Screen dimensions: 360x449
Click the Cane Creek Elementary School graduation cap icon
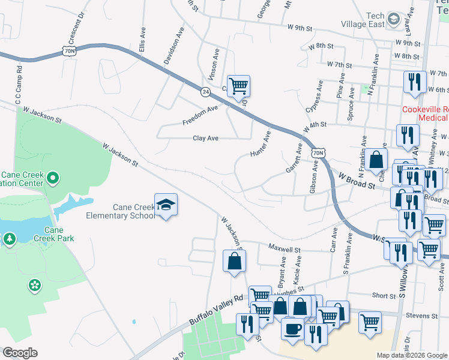pos(166,205)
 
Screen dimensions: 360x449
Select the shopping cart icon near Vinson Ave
pos(238,86)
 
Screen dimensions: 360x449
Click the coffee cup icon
pos(292,329)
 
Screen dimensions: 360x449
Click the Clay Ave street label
pos(205,138)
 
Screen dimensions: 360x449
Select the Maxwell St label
pos(284,247)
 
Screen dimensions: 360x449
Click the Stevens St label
pos(421,315)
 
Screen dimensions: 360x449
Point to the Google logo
pos(20,353)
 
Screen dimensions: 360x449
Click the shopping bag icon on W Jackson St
pos(234,261)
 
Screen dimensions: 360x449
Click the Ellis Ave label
pos(142,39)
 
